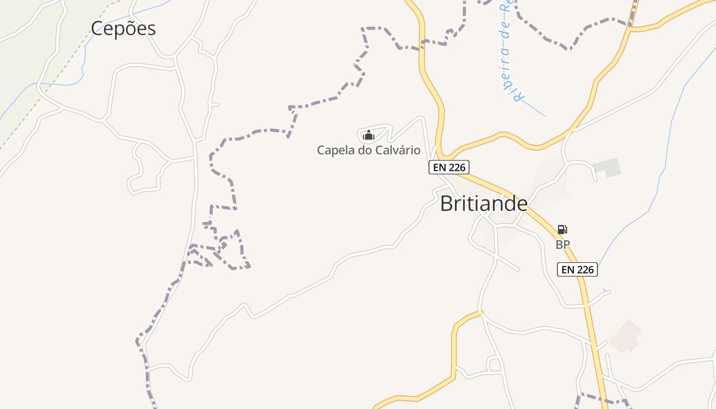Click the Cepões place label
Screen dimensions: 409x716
[123, 29]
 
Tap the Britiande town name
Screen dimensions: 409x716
[483, 203]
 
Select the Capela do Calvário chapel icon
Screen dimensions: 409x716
[368, 135]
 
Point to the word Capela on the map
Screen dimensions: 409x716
[333, 150]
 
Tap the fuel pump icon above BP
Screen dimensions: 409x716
[562, 230]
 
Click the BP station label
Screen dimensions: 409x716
[563, 245]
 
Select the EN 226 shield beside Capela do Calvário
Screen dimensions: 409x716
[449, 167]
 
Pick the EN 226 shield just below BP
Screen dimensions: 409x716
[577, 269]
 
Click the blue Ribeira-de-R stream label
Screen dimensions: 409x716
[509, 51]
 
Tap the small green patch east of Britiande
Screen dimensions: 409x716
[608, 167]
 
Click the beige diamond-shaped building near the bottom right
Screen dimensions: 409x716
[625, 336]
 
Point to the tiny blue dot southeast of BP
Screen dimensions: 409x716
[605, 291]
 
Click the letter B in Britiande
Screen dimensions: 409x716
[446, 203]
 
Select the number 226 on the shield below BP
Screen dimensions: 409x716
[585, 269]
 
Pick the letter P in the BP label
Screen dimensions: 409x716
[566, 245]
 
